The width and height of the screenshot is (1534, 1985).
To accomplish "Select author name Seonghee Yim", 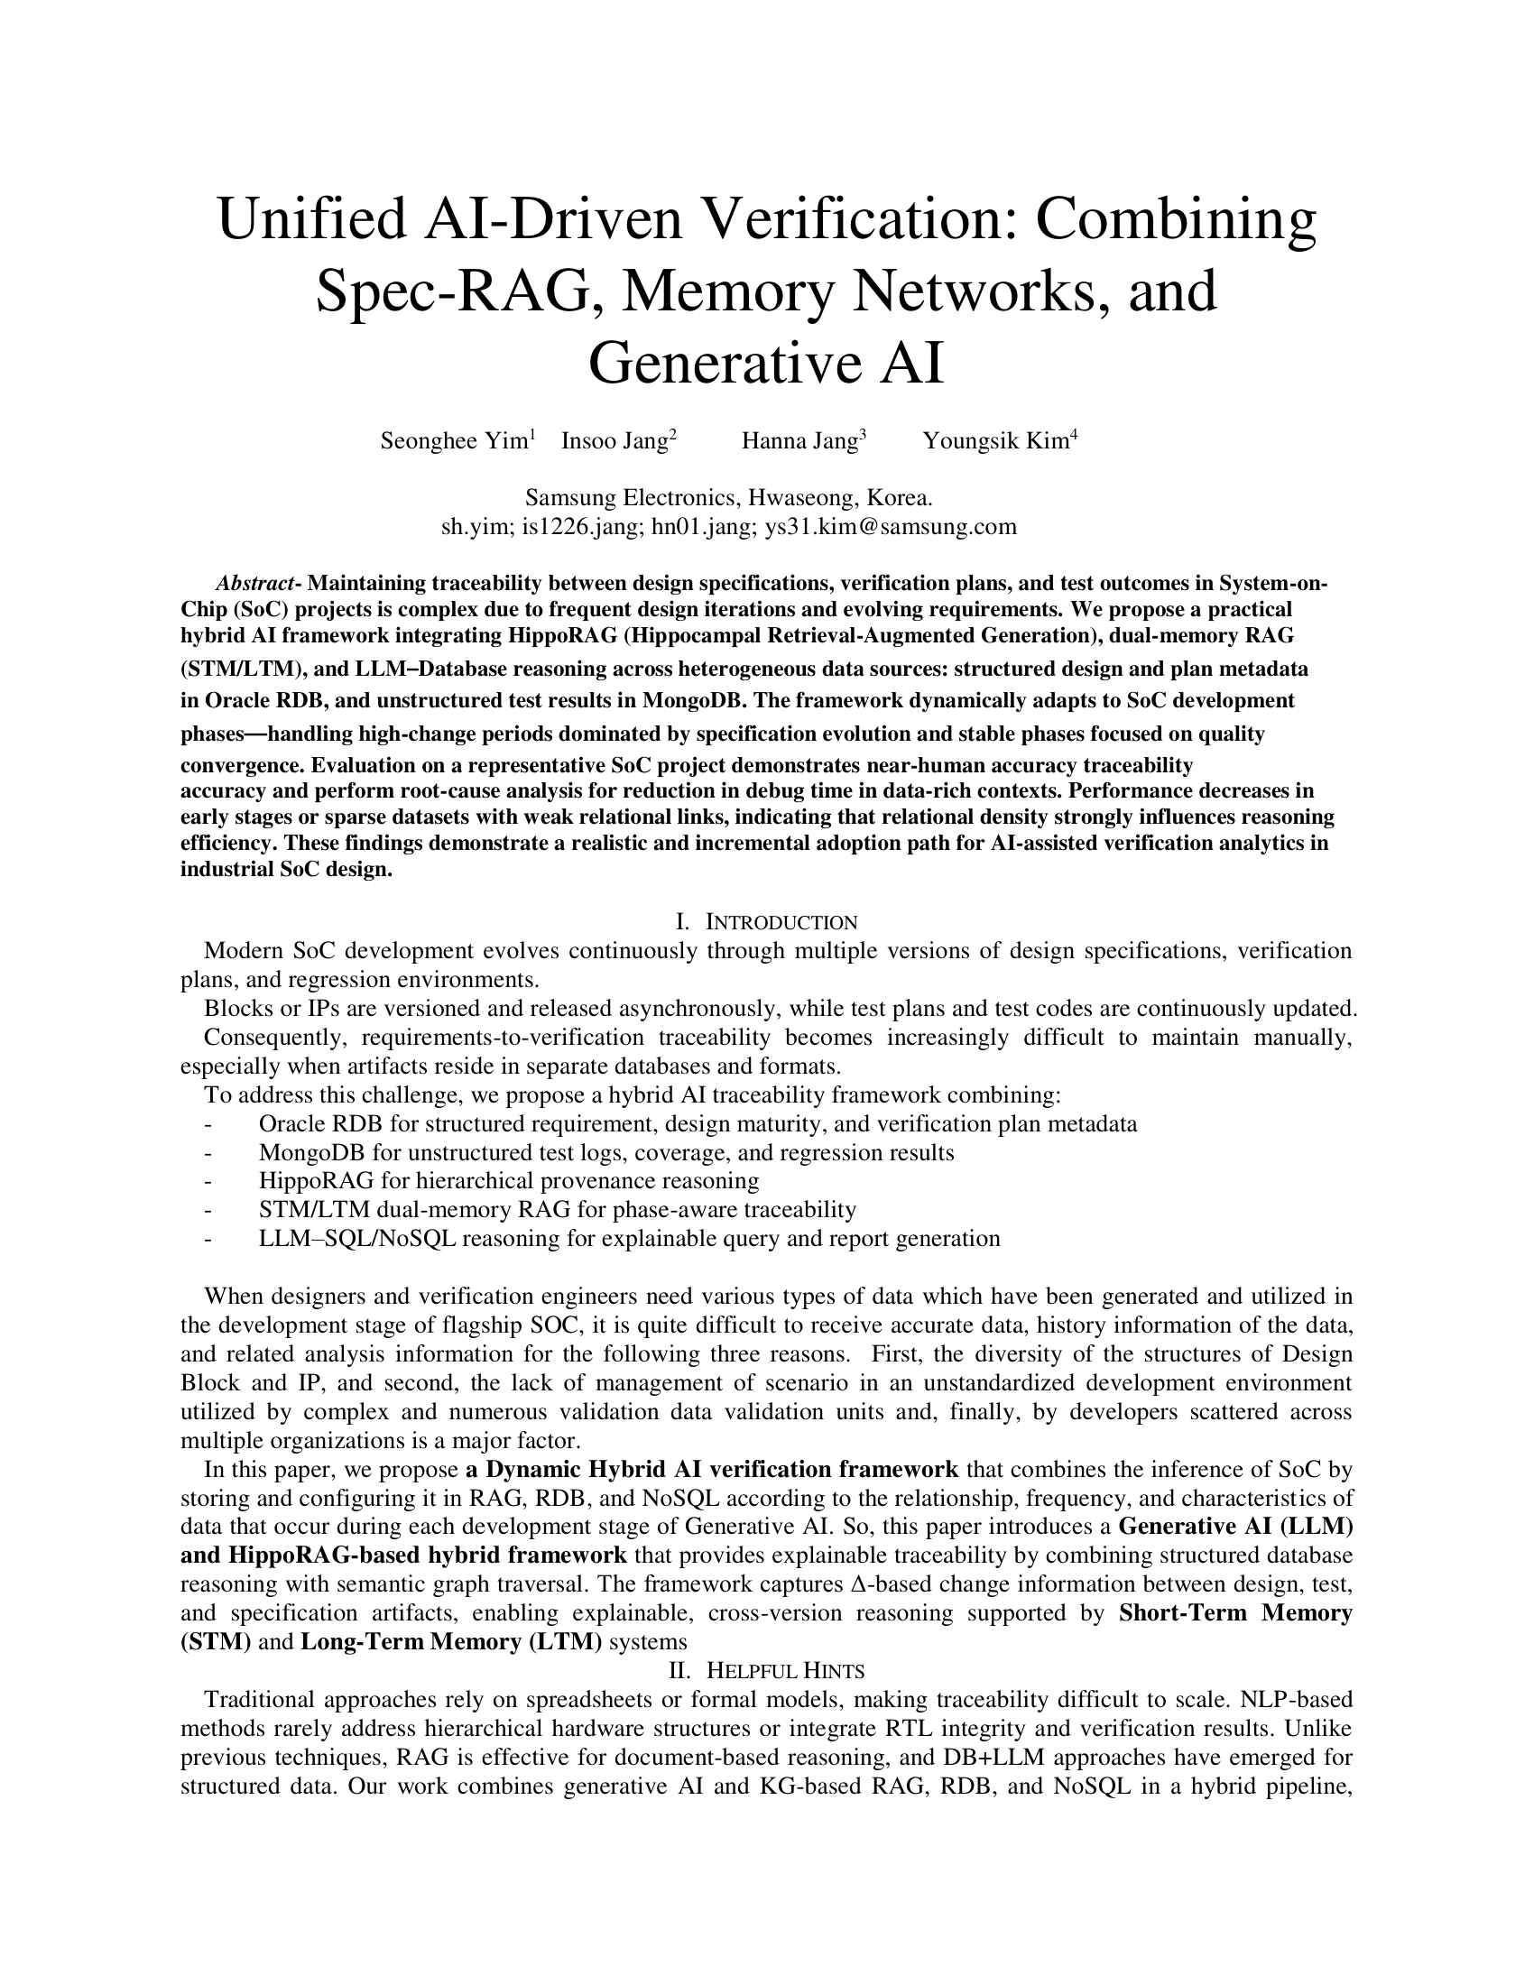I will click(x=454, y=442).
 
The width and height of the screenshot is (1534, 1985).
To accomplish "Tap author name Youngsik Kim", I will click(x=995, y=442).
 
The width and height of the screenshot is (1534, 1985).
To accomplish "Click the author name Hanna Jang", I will click(x=799, y=442).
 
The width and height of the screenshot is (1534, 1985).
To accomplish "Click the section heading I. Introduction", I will click(x=766, y=922).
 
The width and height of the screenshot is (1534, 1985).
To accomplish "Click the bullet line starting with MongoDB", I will click(x=606, y=1152).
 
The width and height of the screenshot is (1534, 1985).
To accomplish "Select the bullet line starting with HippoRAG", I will click(x=508, y=1181).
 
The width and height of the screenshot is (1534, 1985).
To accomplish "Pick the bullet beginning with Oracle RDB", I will click(x=697, y=1123).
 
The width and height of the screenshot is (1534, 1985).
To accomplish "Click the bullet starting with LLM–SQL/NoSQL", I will click(x=629, y=1238).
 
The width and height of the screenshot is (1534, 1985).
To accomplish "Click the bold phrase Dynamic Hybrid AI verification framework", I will click(x=722, y=1470).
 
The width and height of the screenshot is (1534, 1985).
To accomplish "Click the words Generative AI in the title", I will click(x=766, y=363).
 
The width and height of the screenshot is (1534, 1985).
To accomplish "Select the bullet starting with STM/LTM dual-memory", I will click(x=557, y=1210).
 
